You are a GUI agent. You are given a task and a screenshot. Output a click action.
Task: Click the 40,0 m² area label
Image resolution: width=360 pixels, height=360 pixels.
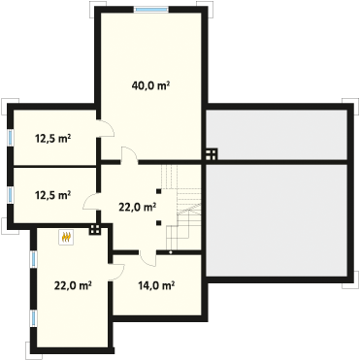(x=151, y=85)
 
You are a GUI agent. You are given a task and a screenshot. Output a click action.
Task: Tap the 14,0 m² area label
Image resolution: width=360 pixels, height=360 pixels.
(x=156, y=285)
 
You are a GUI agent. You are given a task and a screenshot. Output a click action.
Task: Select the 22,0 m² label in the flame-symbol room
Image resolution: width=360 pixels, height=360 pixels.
(x=73, y=285)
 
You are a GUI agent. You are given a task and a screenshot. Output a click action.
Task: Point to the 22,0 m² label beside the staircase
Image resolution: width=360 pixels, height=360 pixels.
(x=138, y=207)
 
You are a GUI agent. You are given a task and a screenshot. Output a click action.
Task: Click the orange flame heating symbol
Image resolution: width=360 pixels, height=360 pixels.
(x=67, y=237)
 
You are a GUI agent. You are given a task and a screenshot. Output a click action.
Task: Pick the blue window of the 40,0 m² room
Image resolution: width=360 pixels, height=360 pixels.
(x=151, y=10)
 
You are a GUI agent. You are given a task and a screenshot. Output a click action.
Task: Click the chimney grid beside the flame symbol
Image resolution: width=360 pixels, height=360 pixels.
(x=95, y=229)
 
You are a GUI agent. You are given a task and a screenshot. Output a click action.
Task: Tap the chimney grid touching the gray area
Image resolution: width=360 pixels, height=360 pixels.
(x=212, y=154)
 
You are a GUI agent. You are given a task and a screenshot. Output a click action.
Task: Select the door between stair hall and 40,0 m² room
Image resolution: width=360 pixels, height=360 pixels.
(x=129, y=153)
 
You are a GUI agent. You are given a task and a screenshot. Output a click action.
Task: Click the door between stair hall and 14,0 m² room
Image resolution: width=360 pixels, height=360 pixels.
(x=147, y=258)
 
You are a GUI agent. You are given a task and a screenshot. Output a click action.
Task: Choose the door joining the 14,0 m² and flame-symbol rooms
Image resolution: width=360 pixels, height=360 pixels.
(x=116, y=272)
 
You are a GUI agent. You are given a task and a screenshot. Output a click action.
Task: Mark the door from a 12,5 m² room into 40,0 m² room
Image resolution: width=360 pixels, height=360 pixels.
(x=106, y=128)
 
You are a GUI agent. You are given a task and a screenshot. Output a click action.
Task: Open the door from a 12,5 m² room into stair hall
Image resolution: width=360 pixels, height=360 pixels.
(x=91, y=202)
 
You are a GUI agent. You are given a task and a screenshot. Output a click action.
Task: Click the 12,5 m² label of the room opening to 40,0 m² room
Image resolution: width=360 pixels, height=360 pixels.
(x=53, y=139)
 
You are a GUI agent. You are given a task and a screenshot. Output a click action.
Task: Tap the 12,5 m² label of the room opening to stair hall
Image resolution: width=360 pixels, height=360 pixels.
(x=53, y=195)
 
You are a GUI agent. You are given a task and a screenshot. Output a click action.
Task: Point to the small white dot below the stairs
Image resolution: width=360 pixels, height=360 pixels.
(x=171, y=252)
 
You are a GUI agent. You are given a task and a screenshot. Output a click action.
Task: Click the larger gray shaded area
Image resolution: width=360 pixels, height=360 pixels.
(x=277, y=220)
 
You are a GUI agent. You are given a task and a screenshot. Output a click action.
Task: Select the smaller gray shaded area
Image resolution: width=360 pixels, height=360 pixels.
(x=277, y=135)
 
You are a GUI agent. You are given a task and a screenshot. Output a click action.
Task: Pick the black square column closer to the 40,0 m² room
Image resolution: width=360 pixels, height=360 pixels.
(x=158, y=191)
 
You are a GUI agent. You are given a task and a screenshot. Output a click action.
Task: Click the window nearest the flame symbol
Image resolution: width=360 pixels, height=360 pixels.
(x=34, y=260)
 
